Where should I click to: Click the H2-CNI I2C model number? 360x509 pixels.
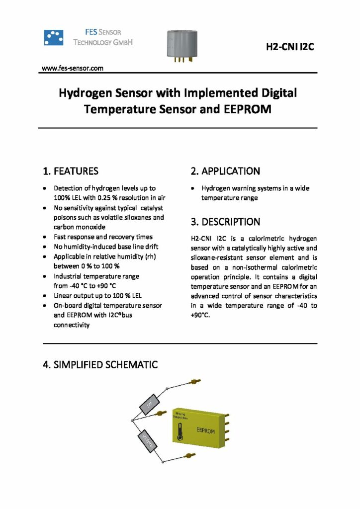point(290,48)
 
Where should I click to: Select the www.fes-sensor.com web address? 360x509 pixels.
point(73,68)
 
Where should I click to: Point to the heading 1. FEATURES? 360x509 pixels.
point(71,171)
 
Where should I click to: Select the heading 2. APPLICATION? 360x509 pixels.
point(225,171)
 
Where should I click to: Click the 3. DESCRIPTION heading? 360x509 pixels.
point(225,222)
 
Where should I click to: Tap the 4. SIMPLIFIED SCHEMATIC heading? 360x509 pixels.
point(100,364)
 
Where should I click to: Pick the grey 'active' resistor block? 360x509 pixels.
point(149,440)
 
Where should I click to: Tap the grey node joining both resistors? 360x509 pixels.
point(131,421)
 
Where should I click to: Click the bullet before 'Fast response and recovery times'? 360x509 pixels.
point(45,237)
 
